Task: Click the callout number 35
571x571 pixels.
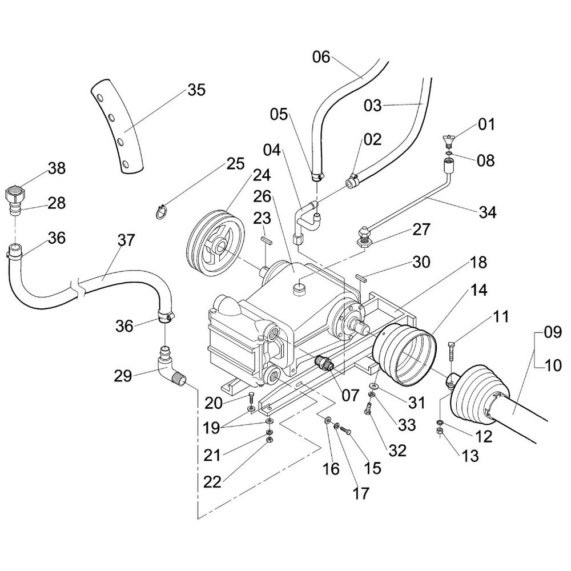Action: coord(196,90)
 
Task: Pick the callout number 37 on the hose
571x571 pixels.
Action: coord(126,240)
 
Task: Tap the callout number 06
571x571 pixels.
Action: coord(321,57)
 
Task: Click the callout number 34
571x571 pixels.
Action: coord(488,212)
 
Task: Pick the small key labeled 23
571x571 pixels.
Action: coord(266,240)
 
